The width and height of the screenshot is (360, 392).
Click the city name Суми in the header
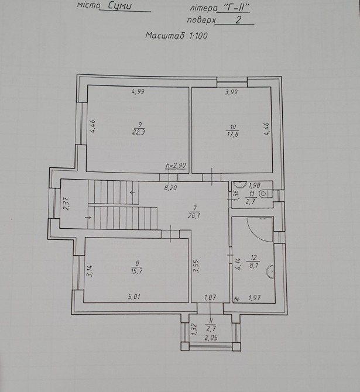pos(119,6)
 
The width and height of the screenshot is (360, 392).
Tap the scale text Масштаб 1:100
pos(176,36)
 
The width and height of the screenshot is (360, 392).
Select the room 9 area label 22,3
pos(138,132)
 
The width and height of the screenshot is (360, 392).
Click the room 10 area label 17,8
pos(232,134)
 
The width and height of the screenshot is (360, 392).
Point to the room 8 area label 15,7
pos(136,271)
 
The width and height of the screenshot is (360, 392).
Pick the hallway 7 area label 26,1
pos(194,216)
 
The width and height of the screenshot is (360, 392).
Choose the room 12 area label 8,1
pos(253,266)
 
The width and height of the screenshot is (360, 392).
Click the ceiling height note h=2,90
pos(176,166)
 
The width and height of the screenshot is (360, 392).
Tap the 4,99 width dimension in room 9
pos(138,91)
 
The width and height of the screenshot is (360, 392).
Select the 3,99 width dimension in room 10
pos(231,92)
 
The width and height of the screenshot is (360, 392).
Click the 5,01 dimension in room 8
pos(134,297)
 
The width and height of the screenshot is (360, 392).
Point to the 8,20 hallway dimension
pos(170,188)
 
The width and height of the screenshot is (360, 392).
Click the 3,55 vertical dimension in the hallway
pos(196,266)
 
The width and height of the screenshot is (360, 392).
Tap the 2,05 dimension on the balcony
pos(211,338)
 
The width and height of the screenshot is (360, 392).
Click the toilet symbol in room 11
pos(265,194)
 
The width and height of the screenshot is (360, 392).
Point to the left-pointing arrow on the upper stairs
pos(133,192)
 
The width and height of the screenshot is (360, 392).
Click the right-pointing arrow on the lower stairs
pos(88,218)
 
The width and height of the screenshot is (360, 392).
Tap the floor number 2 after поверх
pos(238,19)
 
